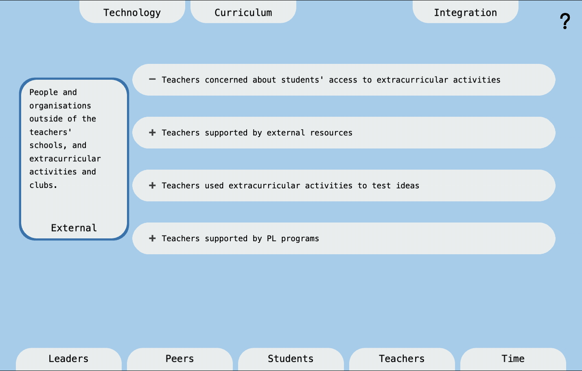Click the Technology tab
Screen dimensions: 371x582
tap(132, 13)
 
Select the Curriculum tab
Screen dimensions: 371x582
tap(243, 13)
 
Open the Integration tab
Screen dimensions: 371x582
tap(465, 13)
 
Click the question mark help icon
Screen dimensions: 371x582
tap(564, 21)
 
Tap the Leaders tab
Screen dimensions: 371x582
tap(68, 358)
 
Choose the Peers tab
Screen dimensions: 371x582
tap(179, 358)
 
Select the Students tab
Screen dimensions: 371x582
tap(291, 358)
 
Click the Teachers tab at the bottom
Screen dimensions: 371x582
tap(402, 358)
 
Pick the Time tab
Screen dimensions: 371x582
tap(513, 358)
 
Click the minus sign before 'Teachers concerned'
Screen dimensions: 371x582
tap(152, 79)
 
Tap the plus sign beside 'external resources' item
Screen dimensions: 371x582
tap(152, 133)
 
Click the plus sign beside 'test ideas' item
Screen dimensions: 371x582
tap(152, 185)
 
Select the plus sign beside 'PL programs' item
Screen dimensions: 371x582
tap(152, 238)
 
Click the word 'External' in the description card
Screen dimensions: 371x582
tap(74, 228)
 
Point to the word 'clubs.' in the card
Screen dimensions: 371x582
tap(43, 185)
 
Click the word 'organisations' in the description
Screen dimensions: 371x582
tap(60, 106)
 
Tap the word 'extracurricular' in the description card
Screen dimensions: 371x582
tap(65, 159)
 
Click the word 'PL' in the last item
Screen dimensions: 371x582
tap(271, 238)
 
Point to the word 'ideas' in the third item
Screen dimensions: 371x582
tap(407, 185)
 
